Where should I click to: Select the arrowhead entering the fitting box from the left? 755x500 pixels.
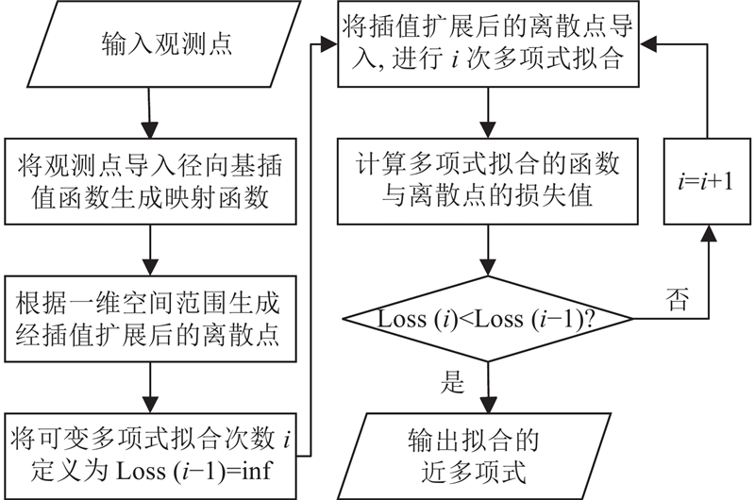331,43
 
